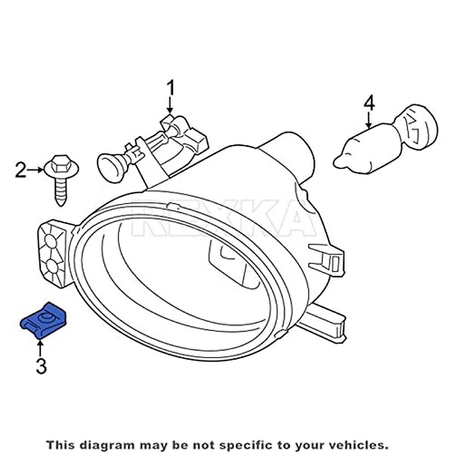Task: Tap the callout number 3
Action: tap(41, 366)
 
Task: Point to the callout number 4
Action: tap(369, 103)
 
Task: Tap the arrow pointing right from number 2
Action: tap(36, 170)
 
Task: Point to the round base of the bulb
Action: tap(417, 125)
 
